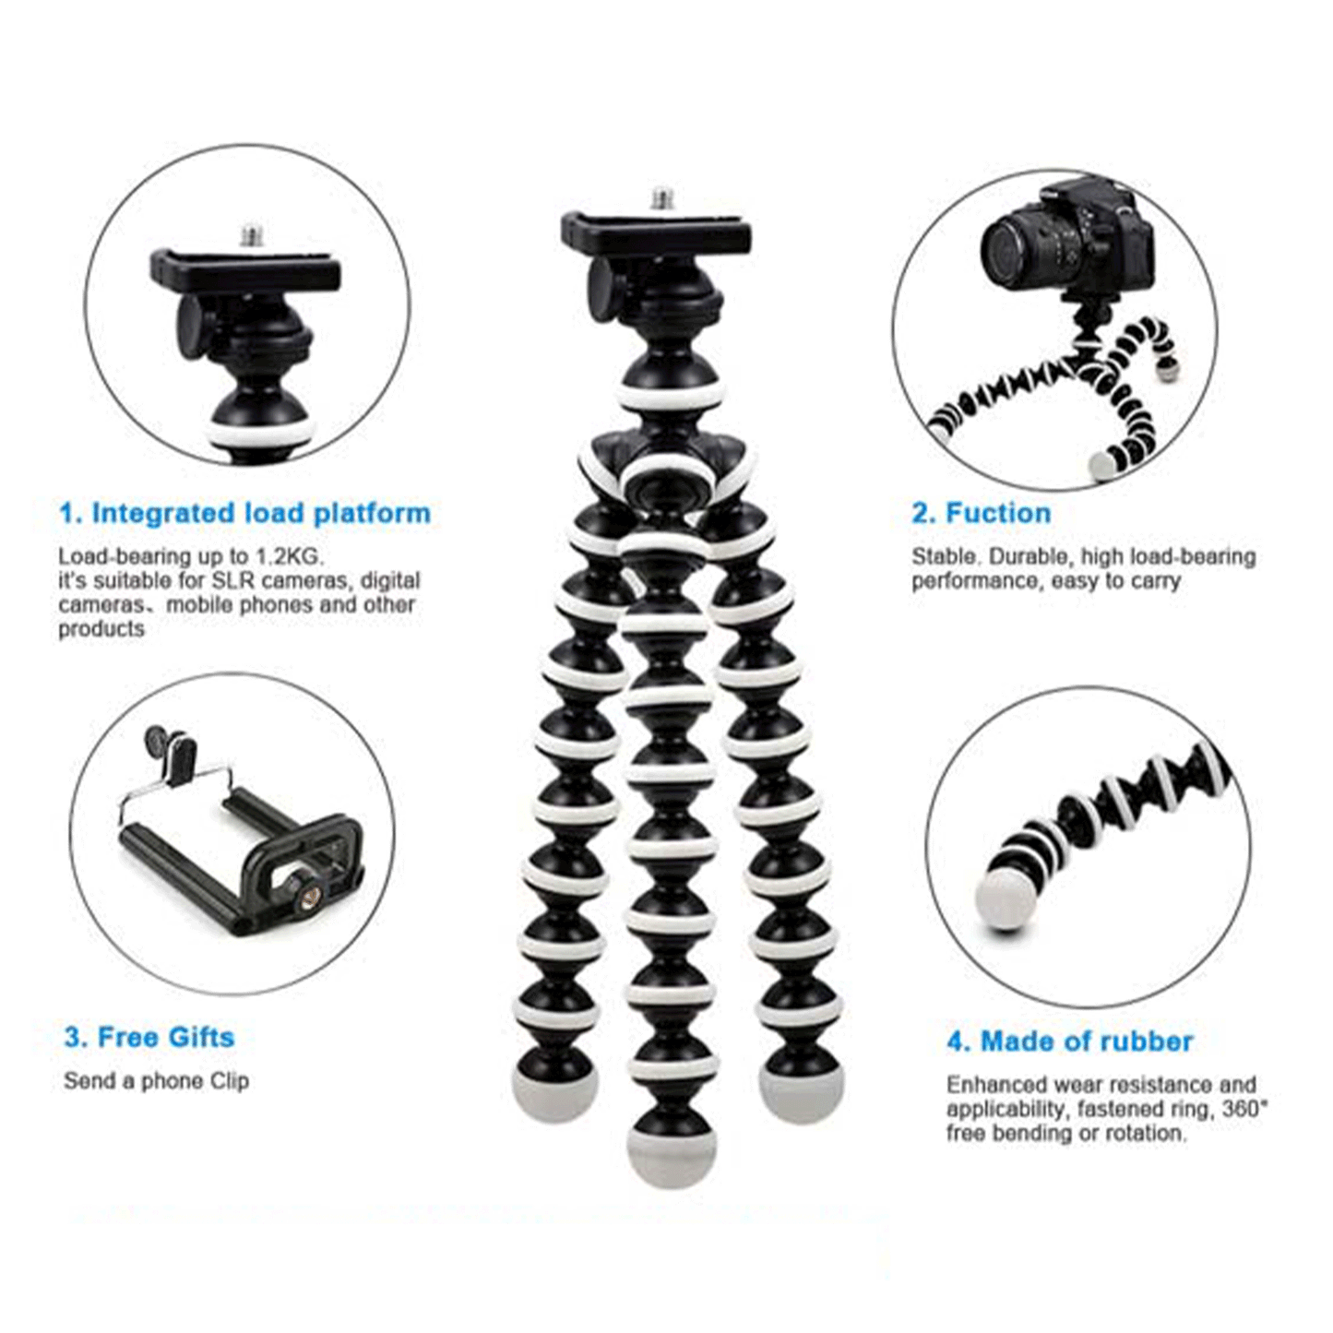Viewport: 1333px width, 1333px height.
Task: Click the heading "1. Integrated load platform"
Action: tap(244, 513)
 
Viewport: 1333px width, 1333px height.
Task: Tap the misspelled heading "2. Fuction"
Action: tap(981, 513)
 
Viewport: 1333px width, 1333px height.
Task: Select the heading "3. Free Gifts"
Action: tap(149, 1038)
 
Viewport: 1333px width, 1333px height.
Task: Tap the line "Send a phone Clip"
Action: tap(156, 1081)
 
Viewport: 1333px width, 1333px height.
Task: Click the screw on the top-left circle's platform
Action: tap(251, 235)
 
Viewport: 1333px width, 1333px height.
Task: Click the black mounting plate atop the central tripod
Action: tap(656, 232)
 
